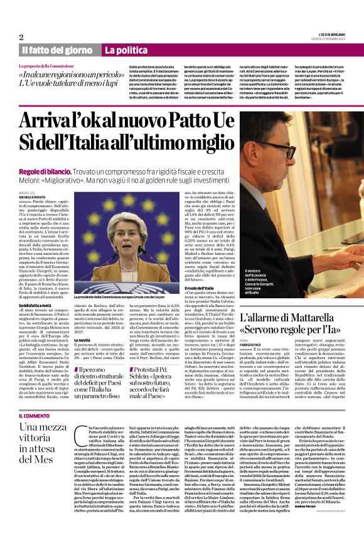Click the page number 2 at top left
coord(21,37)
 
